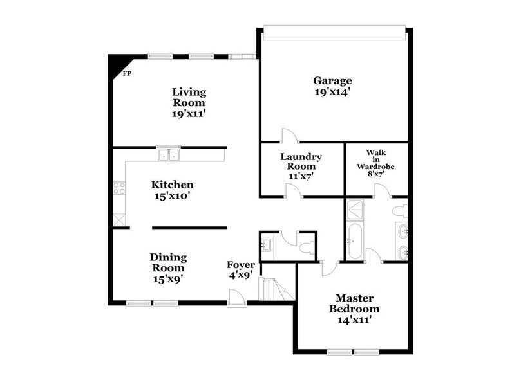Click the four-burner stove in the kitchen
(x=120, y=188)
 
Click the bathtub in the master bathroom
(x=354, y=242)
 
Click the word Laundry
(x=301, y=156)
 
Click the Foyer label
(x=241, y=265)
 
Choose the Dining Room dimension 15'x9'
(x=168, y=278)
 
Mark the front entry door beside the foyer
(x=236, y=296)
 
